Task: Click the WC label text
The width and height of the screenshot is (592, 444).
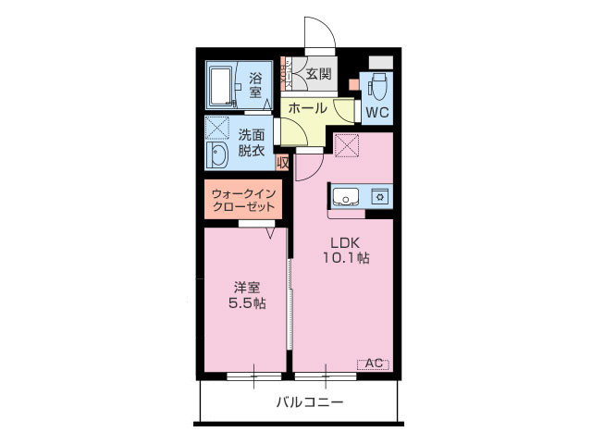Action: click(376, 113)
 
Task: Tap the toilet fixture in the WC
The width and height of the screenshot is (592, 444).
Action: click(377, 88)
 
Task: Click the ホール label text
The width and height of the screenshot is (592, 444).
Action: click(307, 108)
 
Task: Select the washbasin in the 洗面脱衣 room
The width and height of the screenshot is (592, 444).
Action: click(218, 156)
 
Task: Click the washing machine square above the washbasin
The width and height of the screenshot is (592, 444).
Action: click(218, 128)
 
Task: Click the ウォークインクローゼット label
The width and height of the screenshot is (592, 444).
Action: click(242, 201)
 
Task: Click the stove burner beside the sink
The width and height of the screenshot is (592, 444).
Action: click(378, 196)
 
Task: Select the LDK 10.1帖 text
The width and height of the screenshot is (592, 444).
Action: click(345, 251)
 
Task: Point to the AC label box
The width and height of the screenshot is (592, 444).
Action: click(374, 364)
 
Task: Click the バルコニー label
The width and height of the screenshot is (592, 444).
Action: click(309, 402)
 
